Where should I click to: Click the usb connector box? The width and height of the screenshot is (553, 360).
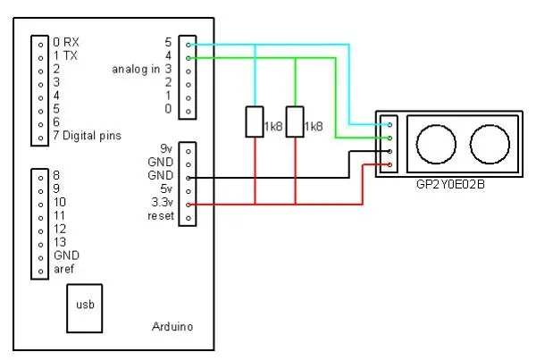click(x=85, y=308)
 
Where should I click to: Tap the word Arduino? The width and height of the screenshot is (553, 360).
click(x=172, y=327)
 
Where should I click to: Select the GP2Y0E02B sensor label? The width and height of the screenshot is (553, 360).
click(x=450, y=184)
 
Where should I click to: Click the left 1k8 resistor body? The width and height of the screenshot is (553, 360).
click(x=255, y=121)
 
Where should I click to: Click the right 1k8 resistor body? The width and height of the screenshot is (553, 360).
click(x=295, y=121)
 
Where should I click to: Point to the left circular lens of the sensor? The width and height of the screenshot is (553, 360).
click(x=436, y=144)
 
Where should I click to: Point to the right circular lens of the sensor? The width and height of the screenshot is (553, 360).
click(x=490, y=144)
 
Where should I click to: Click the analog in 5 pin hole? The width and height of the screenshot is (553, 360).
click(x=189, y=45)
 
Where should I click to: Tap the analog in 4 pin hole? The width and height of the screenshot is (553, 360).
click(x=189, y=58)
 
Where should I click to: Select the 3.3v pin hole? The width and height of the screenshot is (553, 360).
click(x=189, y=205)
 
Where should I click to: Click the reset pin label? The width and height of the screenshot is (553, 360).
click(x=161, y=215)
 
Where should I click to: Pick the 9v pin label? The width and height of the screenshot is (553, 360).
click(x=166, y=149)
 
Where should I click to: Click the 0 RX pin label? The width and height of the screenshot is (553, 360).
click(x=66, y=42)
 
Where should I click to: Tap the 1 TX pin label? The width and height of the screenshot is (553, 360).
click(x=65, y=55)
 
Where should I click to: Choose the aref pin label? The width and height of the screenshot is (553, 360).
click(x=63, y=269)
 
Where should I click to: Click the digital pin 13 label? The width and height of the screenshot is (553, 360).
click(x=60, y=242)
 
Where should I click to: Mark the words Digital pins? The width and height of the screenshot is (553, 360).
click(x=92, y=136)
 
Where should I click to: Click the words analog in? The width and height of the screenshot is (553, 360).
click(x=136, y=70)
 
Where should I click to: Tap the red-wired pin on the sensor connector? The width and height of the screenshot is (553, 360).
click(x=390, y=164)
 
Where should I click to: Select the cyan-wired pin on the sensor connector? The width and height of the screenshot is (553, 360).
click(x=390, y=124)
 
